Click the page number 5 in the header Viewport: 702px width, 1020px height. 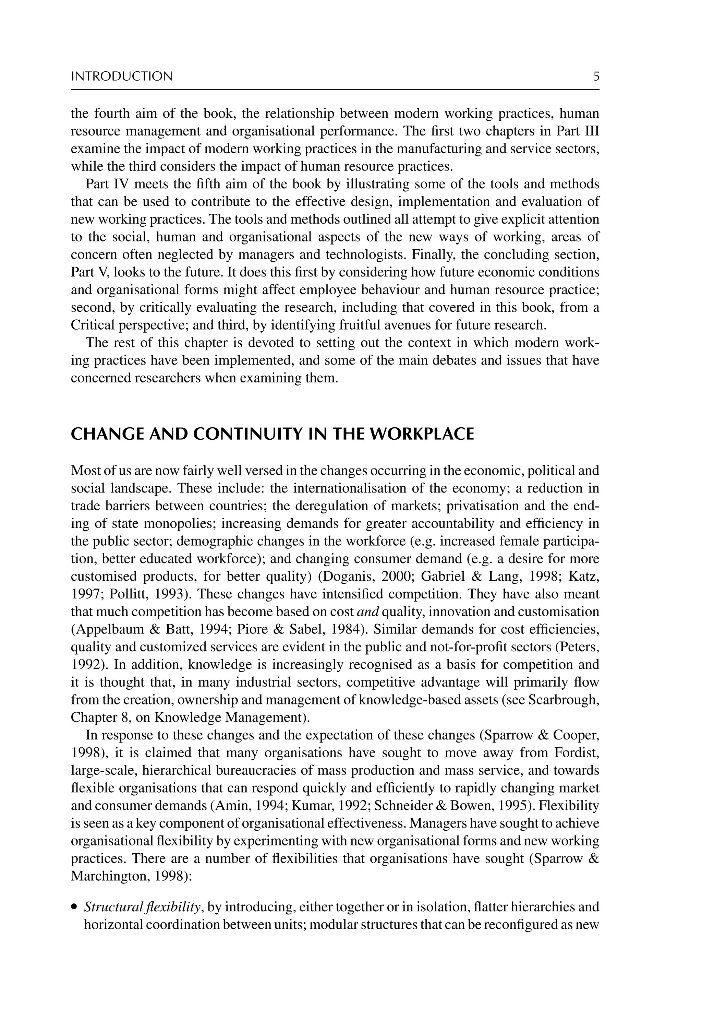click(x=596, y=76)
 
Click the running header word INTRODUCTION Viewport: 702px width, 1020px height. click(x=122, y=76)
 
